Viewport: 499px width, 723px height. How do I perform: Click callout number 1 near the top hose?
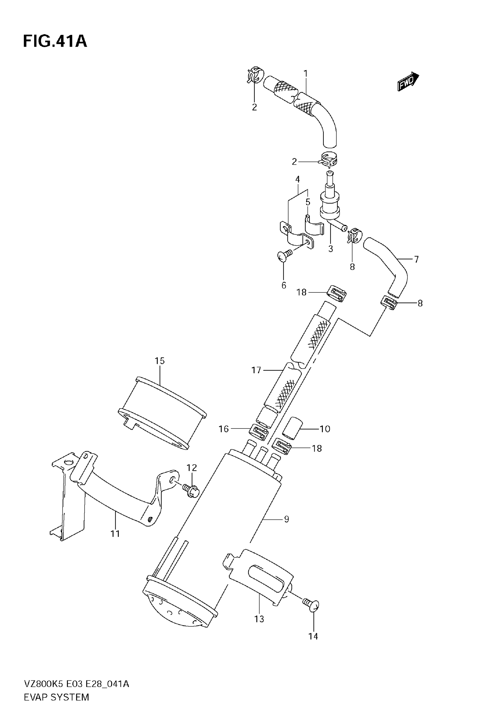[306, 74]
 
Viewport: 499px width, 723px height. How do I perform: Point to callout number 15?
[159, 361]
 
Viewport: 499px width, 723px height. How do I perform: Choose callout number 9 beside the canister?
[286, 519]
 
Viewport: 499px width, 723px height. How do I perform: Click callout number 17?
[256, 370]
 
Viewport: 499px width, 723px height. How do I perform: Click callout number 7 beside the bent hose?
[416, 259]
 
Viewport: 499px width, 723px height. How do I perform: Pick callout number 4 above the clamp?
[297, 179]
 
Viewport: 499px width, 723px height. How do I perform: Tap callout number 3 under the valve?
[331, 249]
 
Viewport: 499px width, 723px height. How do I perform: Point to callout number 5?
[308, 202]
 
